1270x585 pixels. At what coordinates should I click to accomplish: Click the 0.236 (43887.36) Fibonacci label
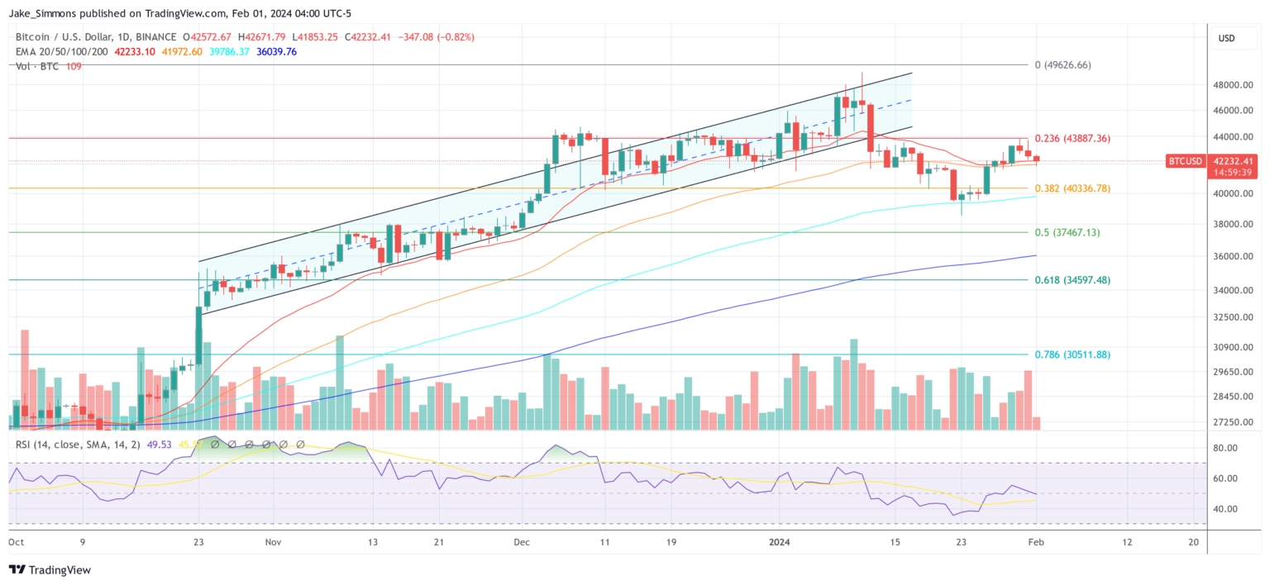click(x=1072, y=138)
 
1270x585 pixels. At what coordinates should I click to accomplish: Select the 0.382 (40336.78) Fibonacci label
click(x=1072, y=188)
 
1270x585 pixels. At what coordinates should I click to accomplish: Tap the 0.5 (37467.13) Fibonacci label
click(x=1067, y=232)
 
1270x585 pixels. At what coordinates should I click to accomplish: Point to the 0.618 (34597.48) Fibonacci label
click(x=1072, y=280)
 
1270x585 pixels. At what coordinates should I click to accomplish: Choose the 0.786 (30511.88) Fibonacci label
click(x=1072, y=354)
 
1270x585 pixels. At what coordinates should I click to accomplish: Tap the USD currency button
click(x=1227, y=38)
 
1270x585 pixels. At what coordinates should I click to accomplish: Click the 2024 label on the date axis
click(x=780, y=542)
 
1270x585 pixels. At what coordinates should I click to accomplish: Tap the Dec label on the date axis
click(x=522, y=542)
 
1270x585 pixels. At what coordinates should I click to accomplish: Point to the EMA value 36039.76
click(x=278, y=51)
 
